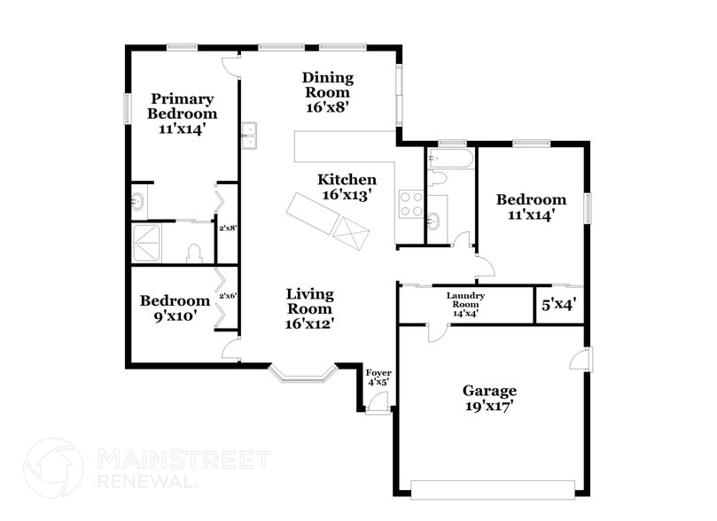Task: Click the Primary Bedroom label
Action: pos(182,113)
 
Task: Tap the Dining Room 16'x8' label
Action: pos(327,91)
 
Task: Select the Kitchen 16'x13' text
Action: pos(347,186)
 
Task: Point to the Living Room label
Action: pos(308,308)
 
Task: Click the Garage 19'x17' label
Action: pos(489,398)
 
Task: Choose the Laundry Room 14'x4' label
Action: pos(466,304)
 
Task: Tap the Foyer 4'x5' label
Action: pos(378,377)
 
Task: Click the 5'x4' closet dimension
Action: pos(559,305)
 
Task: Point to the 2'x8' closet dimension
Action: pos(228,228)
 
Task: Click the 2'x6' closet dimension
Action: pos(228,296)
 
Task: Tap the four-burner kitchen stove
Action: pos(410,205)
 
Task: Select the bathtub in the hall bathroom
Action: pos(450,159)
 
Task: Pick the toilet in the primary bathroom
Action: pos(195,253)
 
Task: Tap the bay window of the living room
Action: pos(303,372)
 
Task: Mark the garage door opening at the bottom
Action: pos(493,488)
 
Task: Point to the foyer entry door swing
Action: pos(378,402)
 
